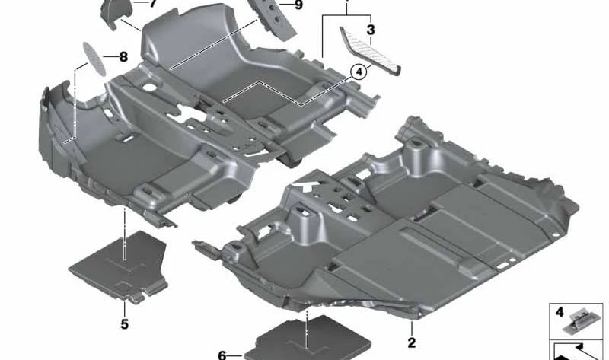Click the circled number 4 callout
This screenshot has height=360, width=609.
(x=359, y=72)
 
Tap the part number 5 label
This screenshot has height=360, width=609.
(x=124, y=324)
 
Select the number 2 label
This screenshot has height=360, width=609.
(x=412, y=342)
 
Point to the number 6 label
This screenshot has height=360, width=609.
(x=222, y=355)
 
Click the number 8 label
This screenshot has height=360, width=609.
(x=123, y=57)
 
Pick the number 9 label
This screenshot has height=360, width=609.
(x=298, y=5)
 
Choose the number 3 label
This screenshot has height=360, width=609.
(x=371, y=30)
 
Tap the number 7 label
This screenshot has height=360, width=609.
(x=153, y=4)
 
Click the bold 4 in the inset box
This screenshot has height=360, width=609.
(x=560, y=312)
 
